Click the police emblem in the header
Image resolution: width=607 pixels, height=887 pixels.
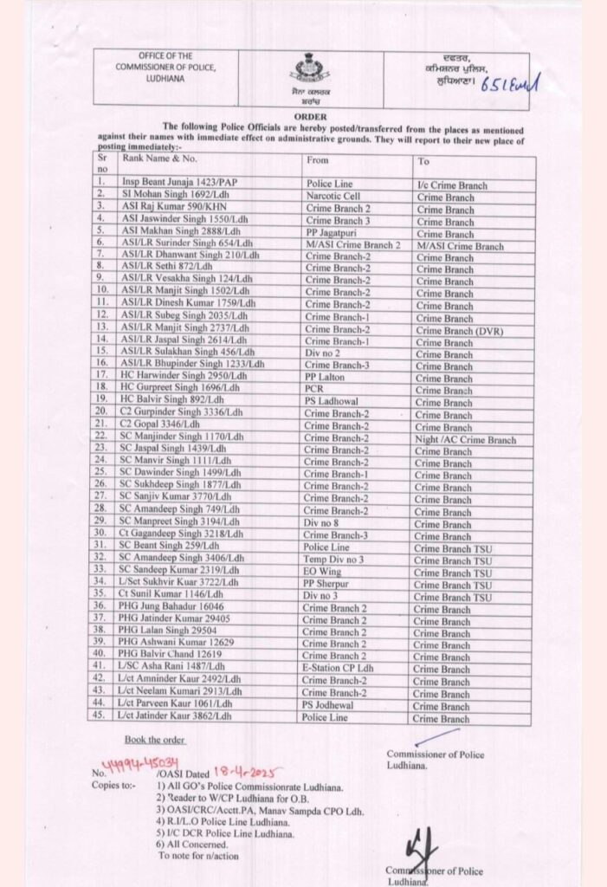pos(307,68)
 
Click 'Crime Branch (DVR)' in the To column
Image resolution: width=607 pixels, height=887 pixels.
pos(460,330)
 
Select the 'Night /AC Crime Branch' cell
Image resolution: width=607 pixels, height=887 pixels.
pos(466,440)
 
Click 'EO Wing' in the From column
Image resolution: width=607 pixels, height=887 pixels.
pos(326,573)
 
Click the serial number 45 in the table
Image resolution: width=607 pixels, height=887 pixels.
pos(103,718)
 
